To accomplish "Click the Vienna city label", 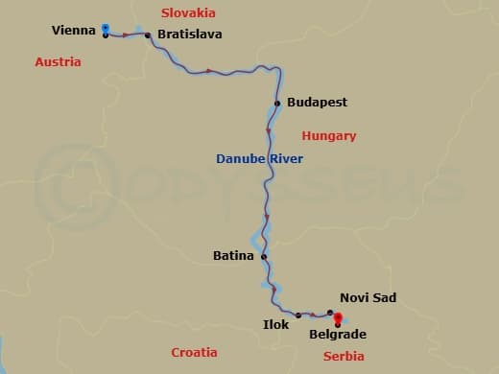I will coord(74,32).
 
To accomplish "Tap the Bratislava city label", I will coord(189,35).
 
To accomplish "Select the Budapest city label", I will coord(317,102).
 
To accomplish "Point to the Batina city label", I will coord(233,256).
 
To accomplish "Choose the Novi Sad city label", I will coord(368,298).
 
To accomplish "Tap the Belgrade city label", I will coord(337,335).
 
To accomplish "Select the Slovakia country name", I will coord(189,13).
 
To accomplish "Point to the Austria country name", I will coord(58,62).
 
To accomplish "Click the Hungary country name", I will coord(328,136).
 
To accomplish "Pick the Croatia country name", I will coord(194,352).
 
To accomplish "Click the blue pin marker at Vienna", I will coord(105,29).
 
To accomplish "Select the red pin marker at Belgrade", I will coord(337,320).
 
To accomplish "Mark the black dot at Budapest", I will coord(277,103).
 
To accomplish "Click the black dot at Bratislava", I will coord(148,35).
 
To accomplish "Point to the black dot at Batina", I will coord(264,256).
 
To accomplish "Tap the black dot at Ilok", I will coord(298,315).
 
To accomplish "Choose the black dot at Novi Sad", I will coord(330,313).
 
